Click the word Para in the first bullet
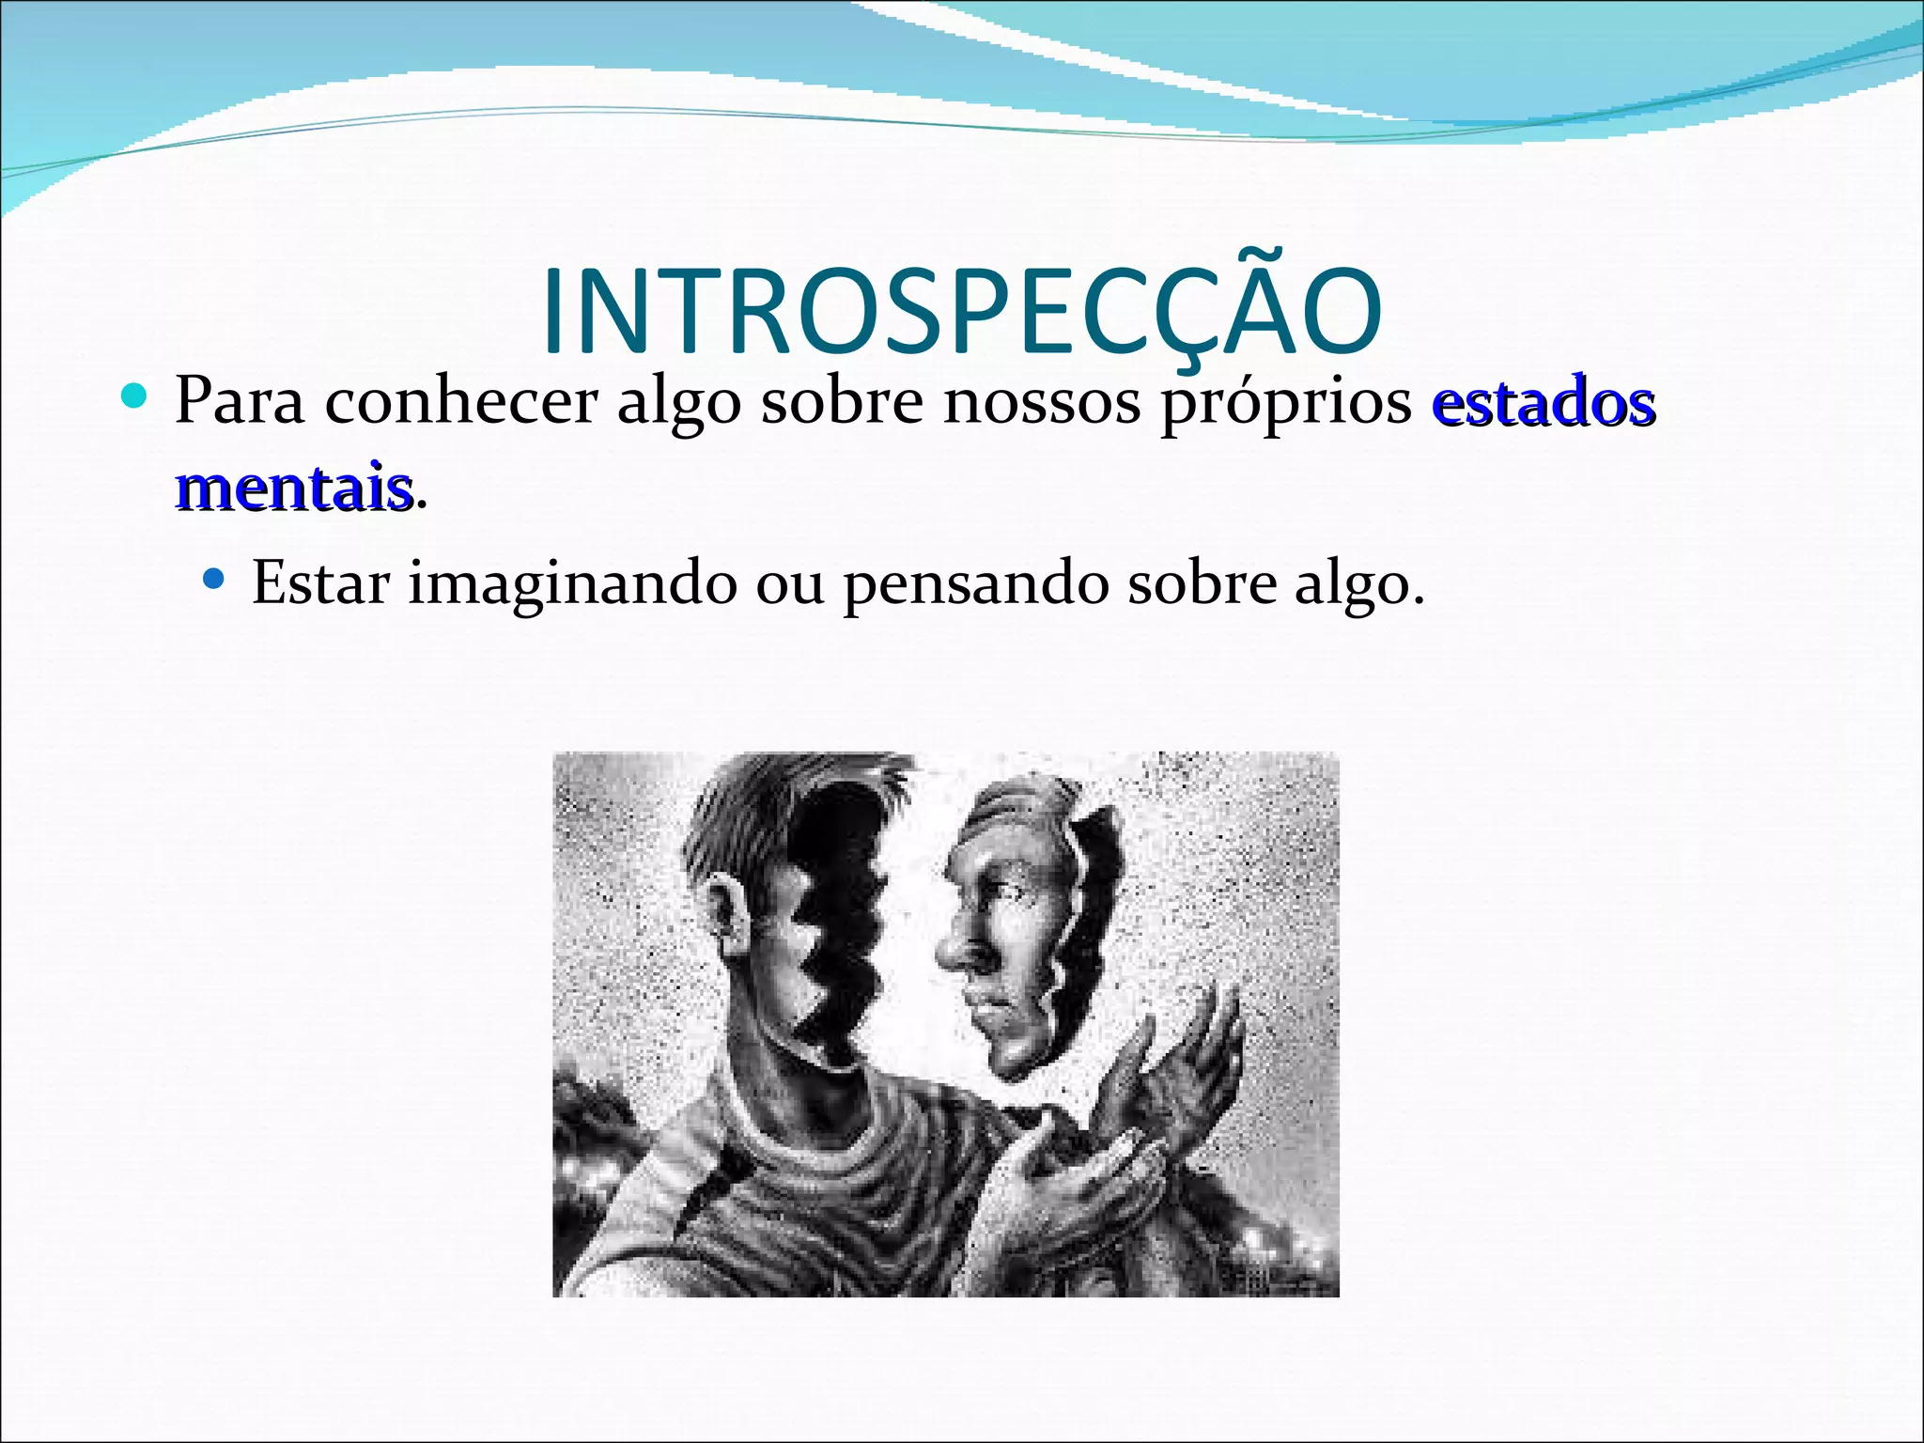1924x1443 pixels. [240, 402]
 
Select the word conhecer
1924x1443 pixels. [460, 402]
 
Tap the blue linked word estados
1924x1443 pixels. [1543, 402]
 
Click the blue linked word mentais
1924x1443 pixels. [293, 487]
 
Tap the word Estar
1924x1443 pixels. [320, 582]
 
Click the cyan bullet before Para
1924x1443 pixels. [136, 396]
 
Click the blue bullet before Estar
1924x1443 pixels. [215, 576]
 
